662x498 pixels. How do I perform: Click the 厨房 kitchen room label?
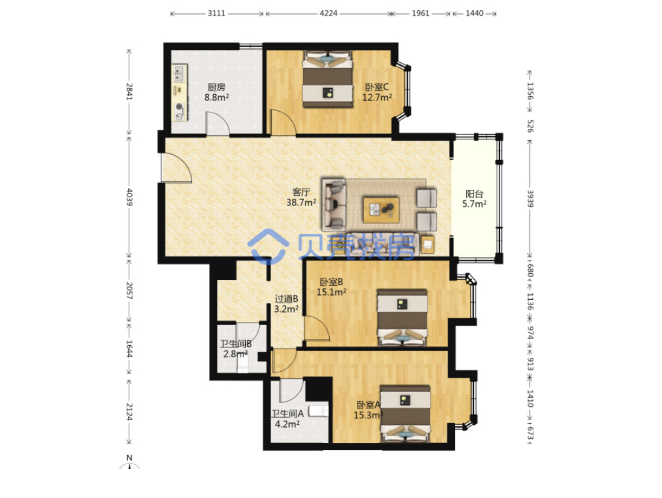[x=216, y=87]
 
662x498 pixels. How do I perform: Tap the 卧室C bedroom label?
[x=376, y=87]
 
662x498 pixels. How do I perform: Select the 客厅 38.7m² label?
[x=301, y=197]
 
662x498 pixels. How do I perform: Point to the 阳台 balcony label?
[x=474, y=194]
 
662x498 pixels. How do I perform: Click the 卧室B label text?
[x=331, y=282]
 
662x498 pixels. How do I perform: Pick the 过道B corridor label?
[x=286, y=299]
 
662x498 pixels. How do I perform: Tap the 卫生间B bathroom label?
[x=236, y=344]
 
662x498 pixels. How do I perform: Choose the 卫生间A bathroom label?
[x=287, y=414]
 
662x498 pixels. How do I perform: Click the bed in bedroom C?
[x=327, y=79]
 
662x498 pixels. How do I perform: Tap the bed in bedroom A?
[x=405, y=413]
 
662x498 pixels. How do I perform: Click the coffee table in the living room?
[x=381, y=210]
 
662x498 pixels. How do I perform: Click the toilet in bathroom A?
[x=319, y=411]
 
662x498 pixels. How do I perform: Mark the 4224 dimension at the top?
[x=328, y=13]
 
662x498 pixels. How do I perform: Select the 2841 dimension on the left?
[x=130, y=91]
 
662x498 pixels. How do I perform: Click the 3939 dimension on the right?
[x=530, y=198]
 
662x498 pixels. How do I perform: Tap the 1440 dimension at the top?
[x=475, y=13]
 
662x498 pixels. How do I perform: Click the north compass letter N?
[x=130, y=458]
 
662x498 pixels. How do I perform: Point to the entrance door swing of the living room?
[x=176, y=167]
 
